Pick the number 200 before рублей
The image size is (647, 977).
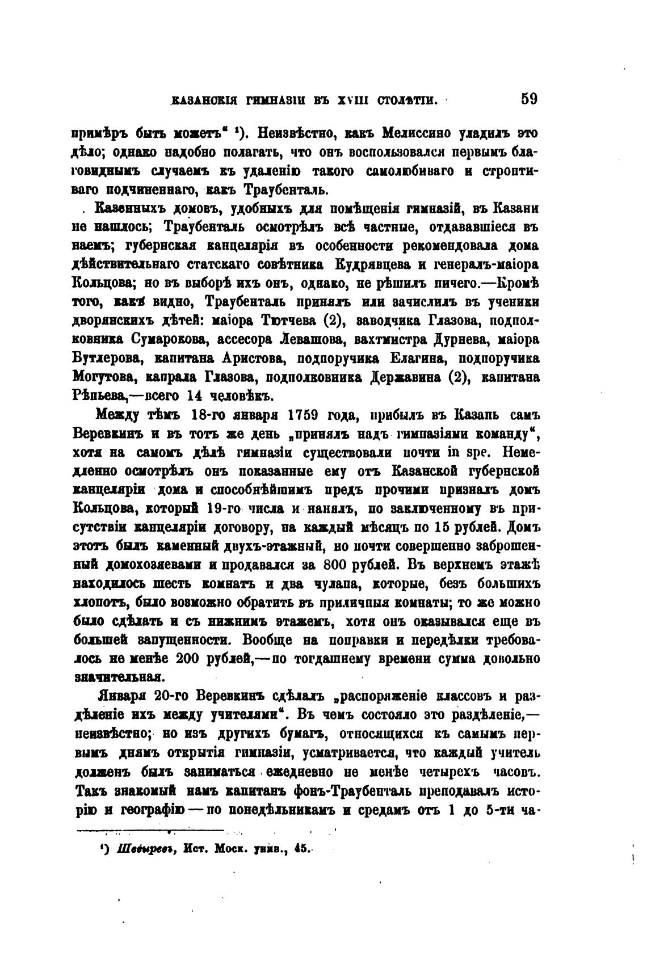194,659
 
